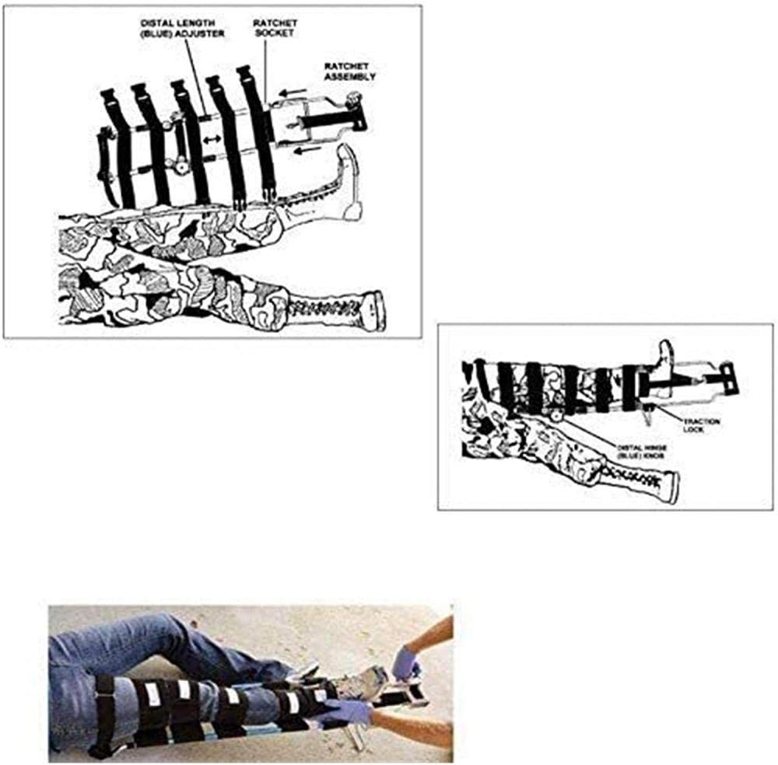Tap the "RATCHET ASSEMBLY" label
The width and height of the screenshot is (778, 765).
350,72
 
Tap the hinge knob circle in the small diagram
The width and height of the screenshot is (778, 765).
557,414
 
